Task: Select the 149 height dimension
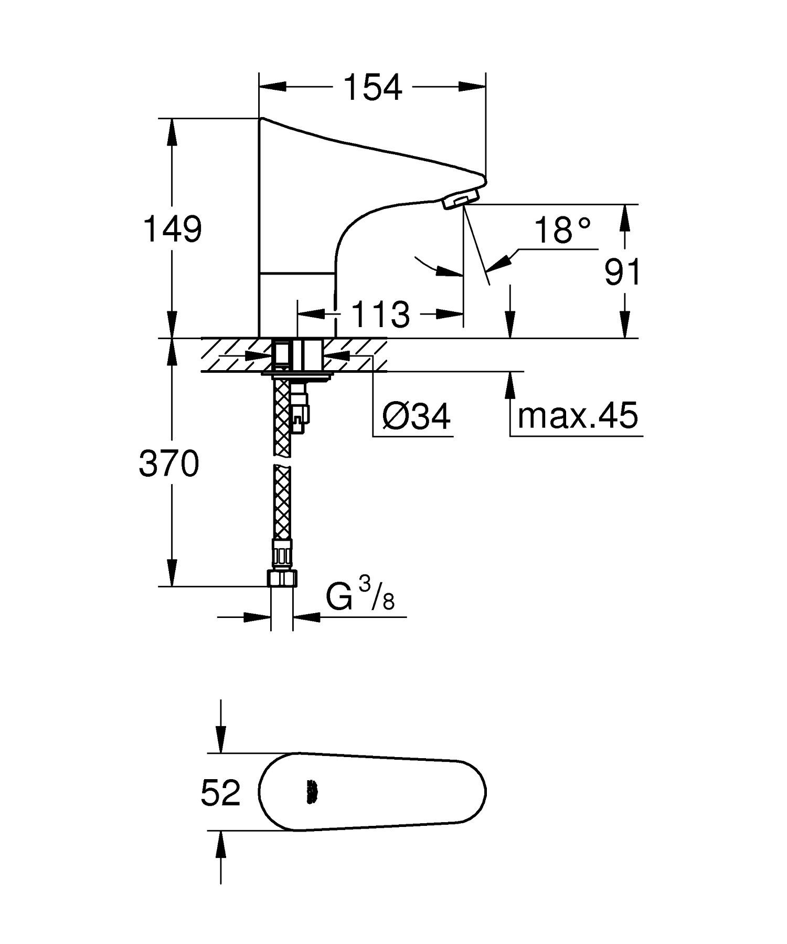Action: (173, 229)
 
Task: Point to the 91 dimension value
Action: (622, 272)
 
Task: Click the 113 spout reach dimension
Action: (380, 314)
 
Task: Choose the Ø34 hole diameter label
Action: (416, 417)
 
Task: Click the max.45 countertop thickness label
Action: (577, 415)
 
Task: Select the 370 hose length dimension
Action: (169, 464)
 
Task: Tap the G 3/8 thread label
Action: (360, 597)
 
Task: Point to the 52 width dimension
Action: (220, 792)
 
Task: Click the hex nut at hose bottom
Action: (282, 579)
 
